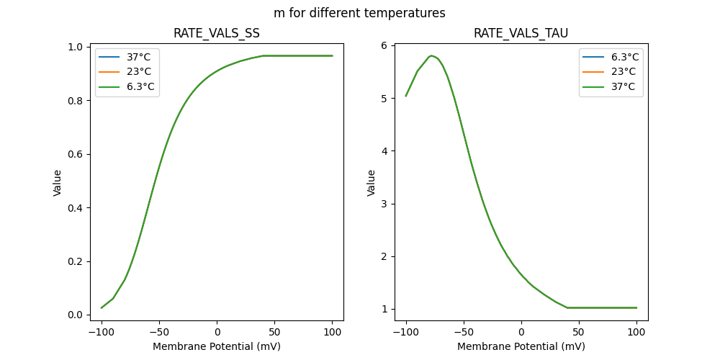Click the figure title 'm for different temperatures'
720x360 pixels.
(359, 13)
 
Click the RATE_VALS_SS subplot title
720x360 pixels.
(217, 34)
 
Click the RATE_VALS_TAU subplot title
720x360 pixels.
(521, 34)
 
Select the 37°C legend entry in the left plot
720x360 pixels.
(140, 58)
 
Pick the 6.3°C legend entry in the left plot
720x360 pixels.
(140, 87)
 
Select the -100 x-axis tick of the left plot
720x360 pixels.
(102, 333)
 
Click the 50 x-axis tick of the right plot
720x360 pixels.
(579, 333)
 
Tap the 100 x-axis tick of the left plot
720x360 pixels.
(333, 333)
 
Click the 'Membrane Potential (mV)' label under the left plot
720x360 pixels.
(217, 346)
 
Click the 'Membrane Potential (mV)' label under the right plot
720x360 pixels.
(521, 346)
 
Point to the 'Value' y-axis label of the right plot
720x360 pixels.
(372, 183)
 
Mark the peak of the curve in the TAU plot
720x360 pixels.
(431, 55)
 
